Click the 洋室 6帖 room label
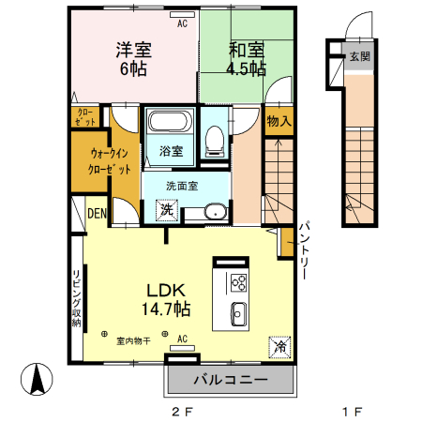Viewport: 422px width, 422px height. click(134, 58)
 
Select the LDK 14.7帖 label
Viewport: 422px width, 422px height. click(168, 298)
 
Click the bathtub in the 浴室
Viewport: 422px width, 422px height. click(170, 123)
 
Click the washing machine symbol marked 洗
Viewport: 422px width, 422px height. click(166, 211)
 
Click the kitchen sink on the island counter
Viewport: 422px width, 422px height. click(238, 313)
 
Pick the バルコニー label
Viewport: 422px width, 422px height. click(231, 380)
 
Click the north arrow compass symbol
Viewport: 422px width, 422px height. click(38, 379)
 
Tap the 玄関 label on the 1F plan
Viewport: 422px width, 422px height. click(359, 57)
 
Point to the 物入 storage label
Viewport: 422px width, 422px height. click(279, 121)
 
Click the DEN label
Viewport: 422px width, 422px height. click(98, 214)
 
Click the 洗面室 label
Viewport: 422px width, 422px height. click(182, 186)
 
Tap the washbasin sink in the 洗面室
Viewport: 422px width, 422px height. click(215, 211)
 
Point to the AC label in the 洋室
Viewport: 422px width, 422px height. click(182, 23)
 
